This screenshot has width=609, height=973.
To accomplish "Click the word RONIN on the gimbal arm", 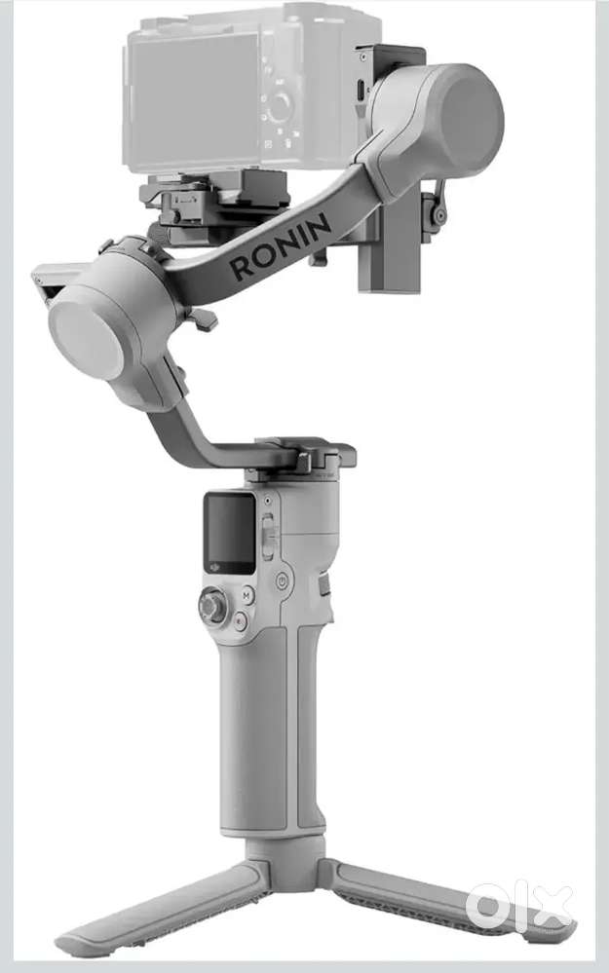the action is coord(280,245).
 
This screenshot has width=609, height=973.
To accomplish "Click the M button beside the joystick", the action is coord(247,595).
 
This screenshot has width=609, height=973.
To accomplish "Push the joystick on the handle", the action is coord(213,605).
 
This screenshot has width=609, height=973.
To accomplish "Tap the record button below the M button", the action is coord(241,619).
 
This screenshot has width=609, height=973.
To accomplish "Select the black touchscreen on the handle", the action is coord(230,533).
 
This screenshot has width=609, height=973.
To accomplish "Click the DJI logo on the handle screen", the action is coord(214,566).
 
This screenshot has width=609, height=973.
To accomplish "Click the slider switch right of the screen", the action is coord(268,538).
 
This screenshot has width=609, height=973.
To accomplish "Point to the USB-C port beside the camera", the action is coord(361,91).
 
